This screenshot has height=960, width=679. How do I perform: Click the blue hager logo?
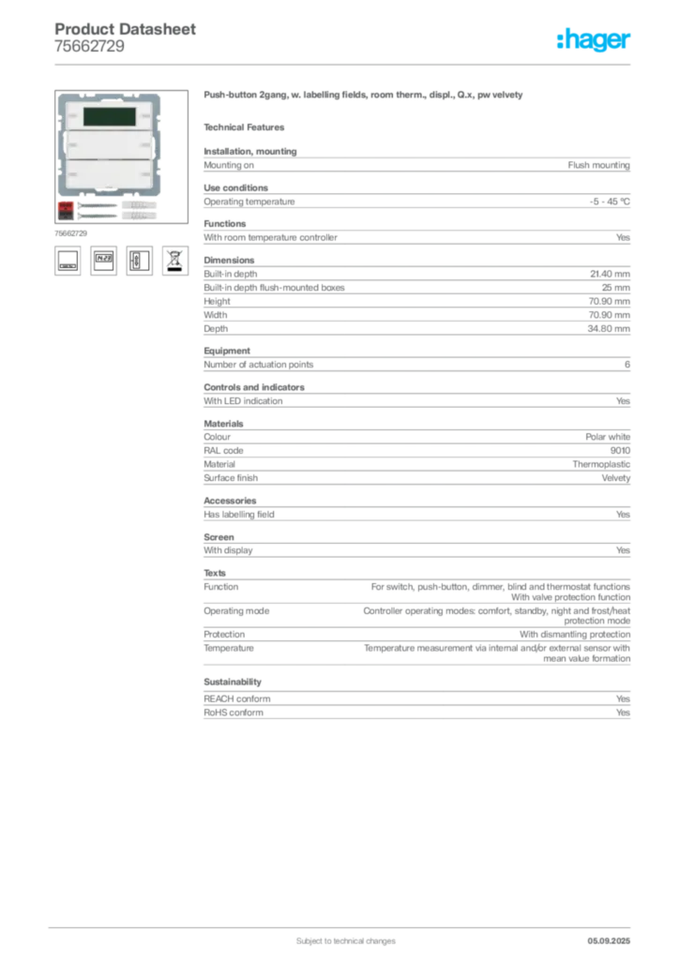click(x=595, y=40)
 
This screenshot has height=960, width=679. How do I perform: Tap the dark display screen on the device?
click(x=109, y=117)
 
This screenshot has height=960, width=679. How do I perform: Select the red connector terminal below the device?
click(x=66, y=205)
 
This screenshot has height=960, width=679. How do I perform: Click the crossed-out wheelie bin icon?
click(x=175, y=260)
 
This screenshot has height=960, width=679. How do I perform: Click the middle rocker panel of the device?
click(x=109, y=145)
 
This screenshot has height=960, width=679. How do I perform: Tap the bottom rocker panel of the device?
click(x=109, y=175)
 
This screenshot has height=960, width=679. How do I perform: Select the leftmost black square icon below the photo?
click(x=67, y=260)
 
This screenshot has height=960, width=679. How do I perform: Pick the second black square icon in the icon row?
click(x=103, y=260)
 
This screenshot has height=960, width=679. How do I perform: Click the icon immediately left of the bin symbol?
click(x=139, y=260)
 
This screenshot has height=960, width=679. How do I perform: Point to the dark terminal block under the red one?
click(x=66, y=215)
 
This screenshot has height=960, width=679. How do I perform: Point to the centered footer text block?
click(x=339, y=935)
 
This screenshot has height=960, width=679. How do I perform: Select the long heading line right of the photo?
click(x=363, y=97)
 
